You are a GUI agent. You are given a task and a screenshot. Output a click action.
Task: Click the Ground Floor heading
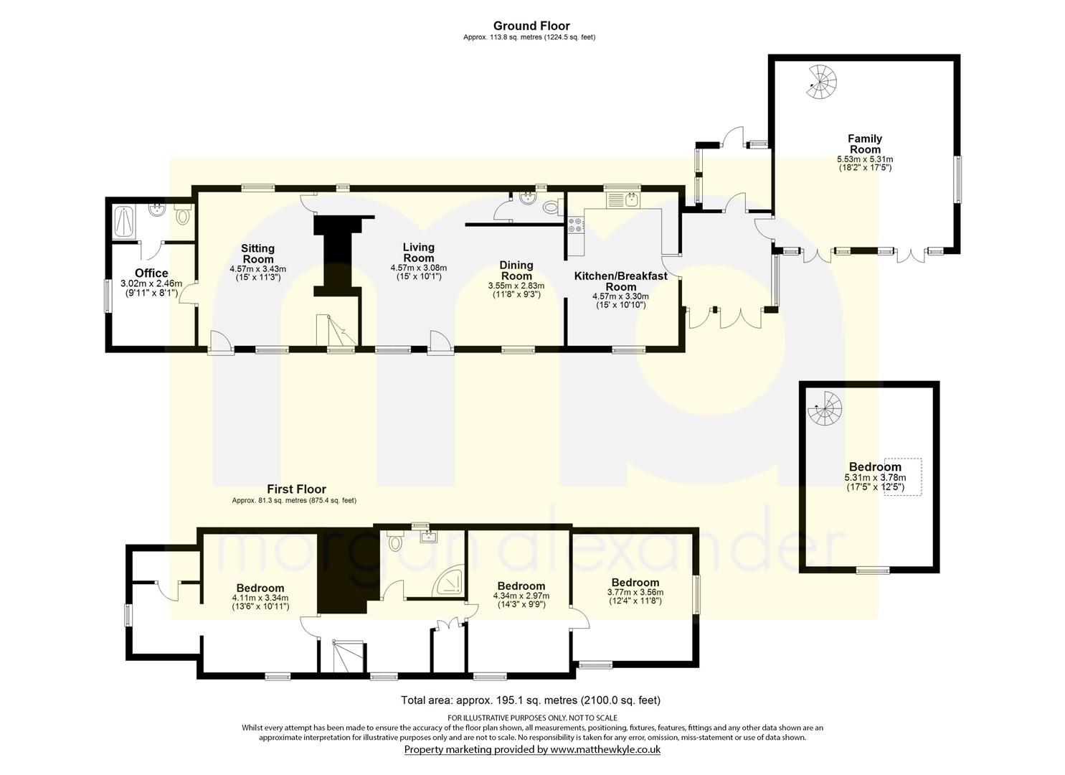coord(531,26)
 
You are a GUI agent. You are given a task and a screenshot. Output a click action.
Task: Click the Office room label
coord(151,273)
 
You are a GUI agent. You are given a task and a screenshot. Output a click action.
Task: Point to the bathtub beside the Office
coord(125,222)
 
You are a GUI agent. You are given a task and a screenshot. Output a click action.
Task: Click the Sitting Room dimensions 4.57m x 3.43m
coord(257,269)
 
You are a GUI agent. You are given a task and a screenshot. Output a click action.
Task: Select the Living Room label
coord(418,253)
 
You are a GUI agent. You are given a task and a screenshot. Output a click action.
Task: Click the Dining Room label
coord(516,271)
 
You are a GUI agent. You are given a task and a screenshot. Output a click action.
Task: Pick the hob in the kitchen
coord(576,225)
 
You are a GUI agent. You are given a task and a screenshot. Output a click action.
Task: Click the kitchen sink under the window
coord(623,200)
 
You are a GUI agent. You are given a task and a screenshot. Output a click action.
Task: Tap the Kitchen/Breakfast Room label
coord(620,281)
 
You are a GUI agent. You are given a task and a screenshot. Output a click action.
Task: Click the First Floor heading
coord(296,489)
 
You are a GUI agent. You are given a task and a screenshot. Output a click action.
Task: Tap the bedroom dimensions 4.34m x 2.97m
coord(521,596)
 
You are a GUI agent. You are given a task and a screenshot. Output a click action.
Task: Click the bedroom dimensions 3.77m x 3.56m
coord(635,592)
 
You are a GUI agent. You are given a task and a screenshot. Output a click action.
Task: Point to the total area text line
coord(531,700)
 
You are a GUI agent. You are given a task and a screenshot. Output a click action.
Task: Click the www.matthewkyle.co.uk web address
coord(605,749)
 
